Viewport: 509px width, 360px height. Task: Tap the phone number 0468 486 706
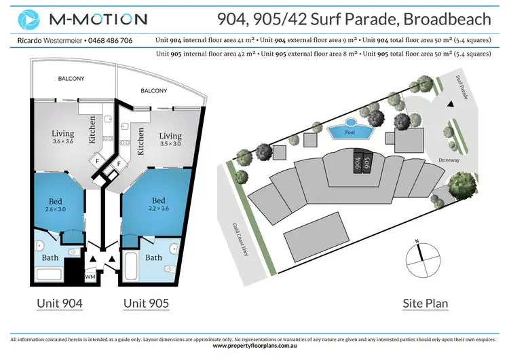(x=110, y=41)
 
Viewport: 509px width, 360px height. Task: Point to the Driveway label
(x=449, y=161)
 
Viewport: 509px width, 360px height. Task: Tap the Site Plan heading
(x=426, y=303)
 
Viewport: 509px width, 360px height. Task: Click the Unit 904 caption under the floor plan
(x=59, y=303)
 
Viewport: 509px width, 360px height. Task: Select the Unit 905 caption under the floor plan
(x=146, y=303)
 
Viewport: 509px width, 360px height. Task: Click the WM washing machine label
(x=90, y=277)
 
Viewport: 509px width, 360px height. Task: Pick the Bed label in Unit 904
(x=56, y=200)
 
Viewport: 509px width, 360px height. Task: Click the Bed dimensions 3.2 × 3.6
(x=158, y=209)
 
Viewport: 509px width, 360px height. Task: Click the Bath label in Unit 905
(x=153, y=257)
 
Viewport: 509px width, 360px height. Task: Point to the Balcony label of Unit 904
(x=71, y=79)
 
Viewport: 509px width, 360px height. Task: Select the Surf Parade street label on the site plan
(x=463, y=86)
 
